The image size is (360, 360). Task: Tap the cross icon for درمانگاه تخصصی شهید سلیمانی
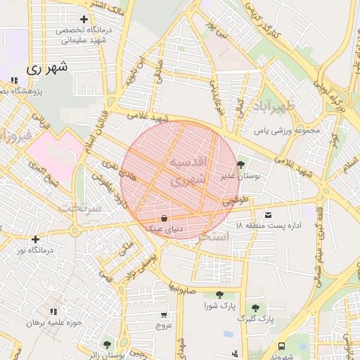84,19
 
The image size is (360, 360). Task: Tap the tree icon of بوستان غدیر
242,165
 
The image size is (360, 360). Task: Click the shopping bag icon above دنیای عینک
164,217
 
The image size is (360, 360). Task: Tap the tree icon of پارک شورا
219,295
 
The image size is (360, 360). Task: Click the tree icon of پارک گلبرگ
255,307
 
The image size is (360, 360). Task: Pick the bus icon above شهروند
282,346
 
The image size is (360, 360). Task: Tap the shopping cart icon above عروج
164,314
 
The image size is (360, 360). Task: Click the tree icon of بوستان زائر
107,345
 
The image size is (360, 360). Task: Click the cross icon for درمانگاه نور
35,239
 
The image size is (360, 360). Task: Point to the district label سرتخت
78,207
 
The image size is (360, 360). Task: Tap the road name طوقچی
236,200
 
